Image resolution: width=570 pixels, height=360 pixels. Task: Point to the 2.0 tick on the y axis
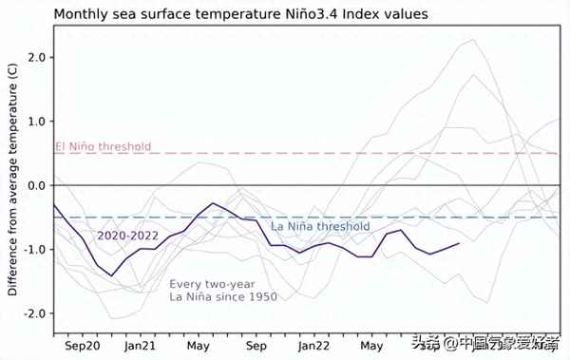[x=36, y=57]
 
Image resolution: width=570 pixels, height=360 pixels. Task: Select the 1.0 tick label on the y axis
[x=36, y=122]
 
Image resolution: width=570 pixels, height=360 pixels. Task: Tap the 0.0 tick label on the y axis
[x=36, y=185]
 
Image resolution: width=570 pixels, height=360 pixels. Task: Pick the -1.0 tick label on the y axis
[x=34, y=250]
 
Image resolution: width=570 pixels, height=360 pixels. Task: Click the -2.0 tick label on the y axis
[x=34, y=313]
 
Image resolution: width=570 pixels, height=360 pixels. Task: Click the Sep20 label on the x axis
[x=83, y=345]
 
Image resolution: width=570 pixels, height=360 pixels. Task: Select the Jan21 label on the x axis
[x=141, y=345]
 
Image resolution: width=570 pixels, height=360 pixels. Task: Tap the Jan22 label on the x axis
[x=313, y=345]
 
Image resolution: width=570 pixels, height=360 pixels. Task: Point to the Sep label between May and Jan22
[x=256, y=345]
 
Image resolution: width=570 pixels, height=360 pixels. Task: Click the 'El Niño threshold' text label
[x=103, y=147]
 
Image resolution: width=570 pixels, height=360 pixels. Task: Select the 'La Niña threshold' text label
[x=320, y=227]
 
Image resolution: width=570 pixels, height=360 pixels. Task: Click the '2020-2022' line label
[x=129, y=235]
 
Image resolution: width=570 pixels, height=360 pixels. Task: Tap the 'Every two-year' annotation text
[x=211, y=284]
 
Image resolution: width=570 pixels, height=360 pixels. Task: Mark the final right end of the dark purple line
[x=460, y=243]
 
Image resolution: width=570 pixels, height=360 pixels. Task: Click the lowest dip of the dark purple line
[x=112, y=275]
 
